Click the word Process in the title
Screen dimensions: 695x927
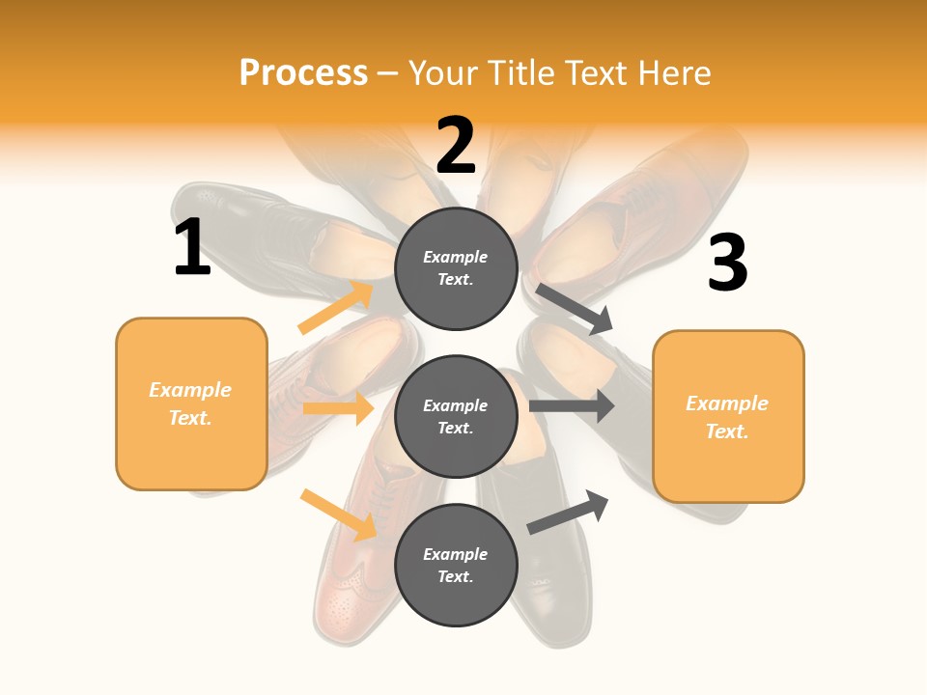click(x=303, y=72)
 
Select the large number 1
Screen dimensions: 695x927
click(x=192, y=248)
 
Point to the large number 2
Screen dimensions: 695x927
click(x=456, y=145)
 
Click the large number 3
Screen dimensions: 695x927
click(x=727, y=264)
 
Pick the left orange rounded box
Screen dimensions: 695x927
click(x=191, y=403)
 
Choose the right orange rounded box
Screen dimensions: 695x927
click(x=728, y=417)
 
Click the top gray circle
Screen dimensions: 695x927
click(x=456, y=268)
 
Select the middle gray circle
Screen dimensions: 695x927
click(x=456, y=416)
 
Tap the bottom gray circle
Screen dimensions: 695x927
click(x=456, y=565)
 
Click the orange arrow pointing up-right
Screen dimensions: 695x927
click(x=336, y=308)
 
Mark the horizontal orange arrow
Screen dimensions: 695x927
click(x=338, y=408)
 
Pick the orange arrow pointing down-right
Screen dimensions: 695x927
click(x=338, y=514)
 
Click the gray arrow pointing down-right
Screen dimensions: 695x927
click(x=576, y=309)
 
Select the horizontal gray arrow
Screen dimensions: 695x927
click(x=572, y=405)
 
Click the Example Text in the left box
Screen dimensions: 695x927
click(x=190, y=403)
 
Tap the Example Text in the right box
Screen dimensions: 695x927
click(x=727, y=417)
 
